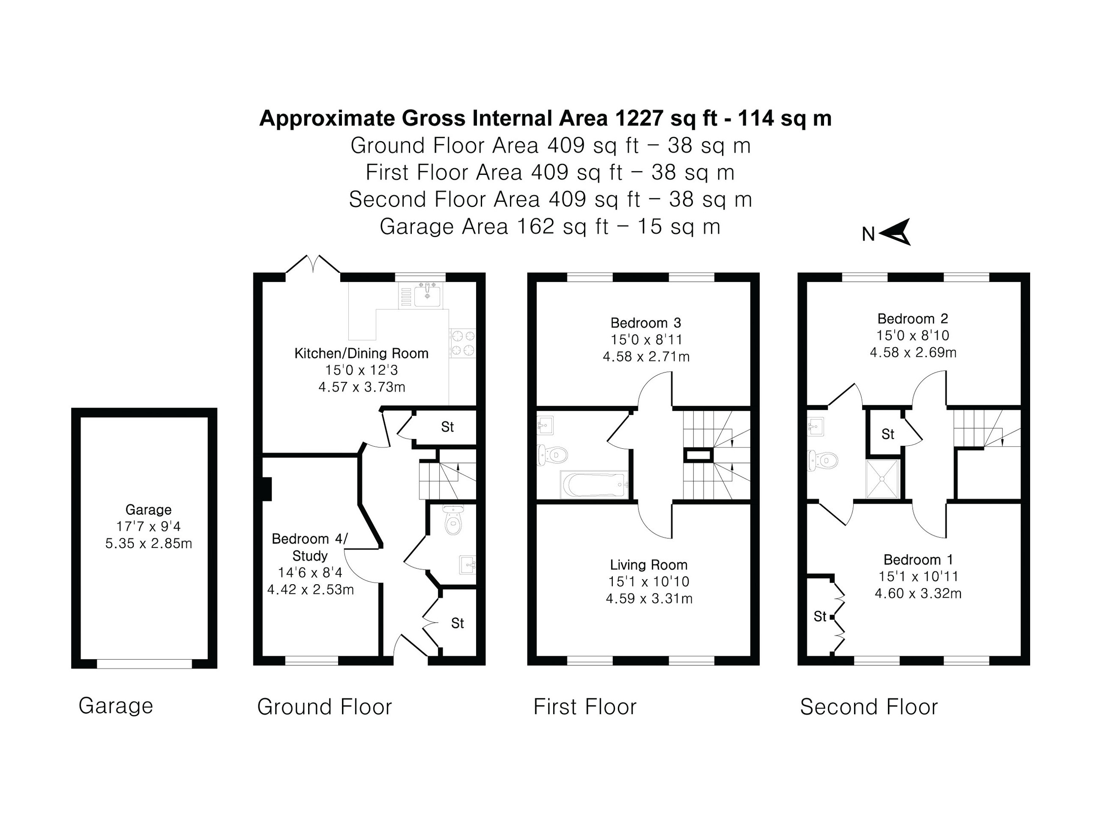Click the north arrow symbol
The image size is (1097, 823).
click(895, 232)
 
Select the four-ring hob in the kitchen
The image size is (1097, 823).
click(462, 343)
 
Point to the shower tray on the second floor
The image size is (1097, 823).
click(882, 479)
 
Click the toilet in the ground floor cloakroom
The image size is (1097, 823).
click(452, 520)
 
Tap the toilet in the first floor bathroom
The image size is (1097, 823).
click(552, 454)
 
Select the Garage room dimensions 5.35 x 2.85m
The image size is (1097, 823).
click(148, 543)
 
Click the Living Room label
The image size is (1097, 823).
click(649, 565)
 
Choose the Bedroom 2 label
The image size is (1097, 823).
click(912, 318)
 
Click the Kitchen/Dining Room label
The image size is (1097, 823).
click(361, 353)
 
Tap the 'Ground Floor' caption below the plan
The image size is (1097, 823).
click(324, 707)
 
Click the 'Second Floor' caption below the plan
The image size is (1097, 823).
click(869, 707)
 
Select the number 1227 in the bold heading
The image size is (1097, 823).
click(639, 118)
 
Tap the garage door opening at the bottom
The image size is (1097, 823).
click(144, 664)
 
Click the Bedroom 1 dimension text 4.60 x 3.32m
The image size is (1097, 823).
click(918, 593)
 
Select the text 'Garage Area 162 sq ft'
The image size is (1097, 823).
click(494, 227)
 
